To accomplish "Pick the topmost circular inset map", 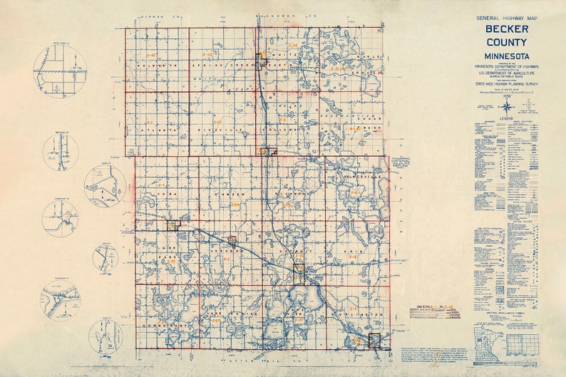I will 60,71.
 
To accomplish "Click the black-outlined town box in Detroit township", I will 299,269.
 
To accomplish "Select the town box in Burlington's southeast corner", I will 374,340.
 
